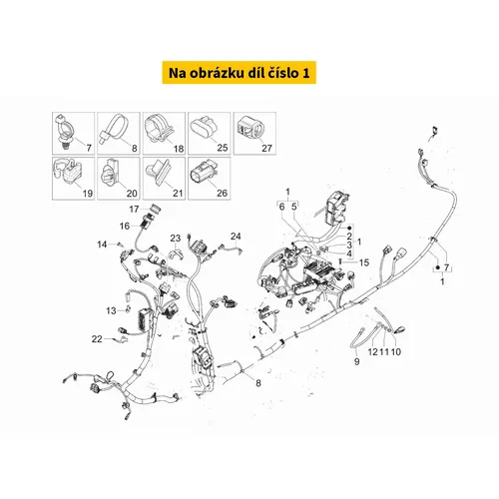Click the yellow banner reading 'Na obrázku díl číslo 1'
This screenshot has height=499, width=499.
(239, 73)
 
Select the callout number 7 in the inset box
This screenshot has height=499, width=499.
(89, 148)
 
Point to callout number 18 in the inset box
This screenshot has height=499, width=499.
(179, 149)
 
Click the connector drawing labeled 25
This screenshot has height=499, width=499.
(204, 128)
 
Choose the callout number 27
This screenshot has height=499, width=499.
(266, 148)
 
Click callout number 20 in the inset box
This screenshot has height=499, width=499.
(132, 193)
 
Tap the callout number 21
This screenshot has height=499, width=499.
(178, 193)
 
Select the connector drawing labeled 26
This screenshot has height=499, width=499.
(203, 174)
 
